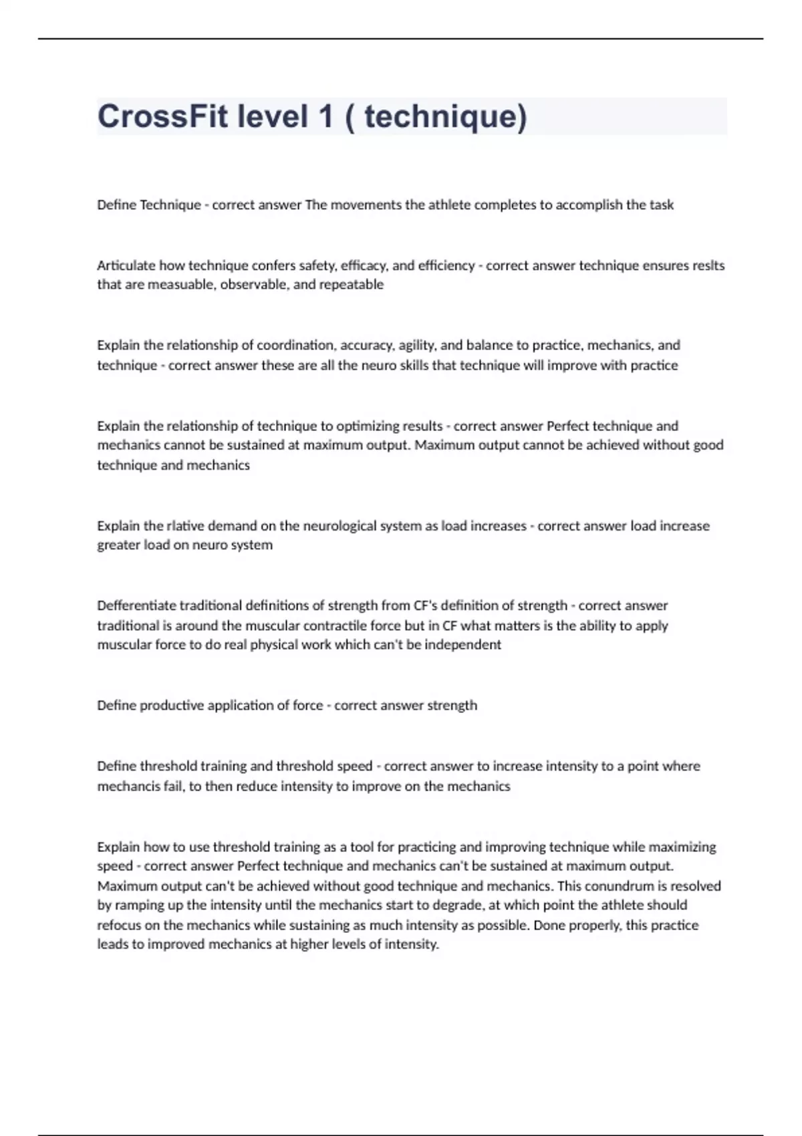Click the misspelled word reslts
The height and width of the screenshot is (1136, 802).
[x=708, y=265]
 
